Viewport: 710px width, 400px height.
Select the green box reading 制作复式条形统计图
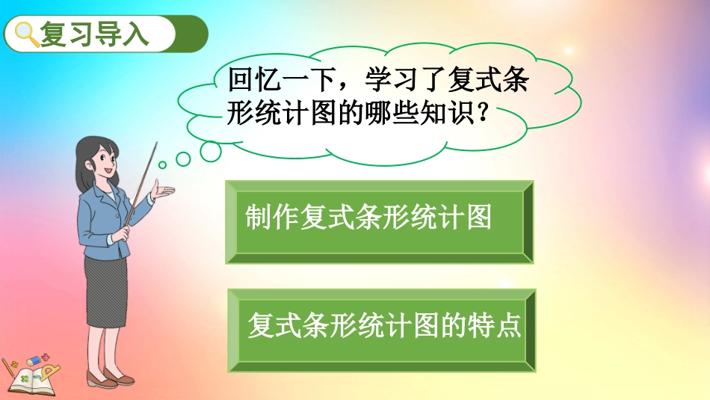tap(380, 221)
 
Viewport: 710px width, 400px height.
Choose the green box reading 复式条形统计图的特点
tap(381, 330)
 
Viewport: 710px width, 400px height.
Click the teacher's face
tap(102, 165)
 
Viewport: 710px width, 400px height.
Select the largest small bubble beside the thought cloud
tap(210, 150)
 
